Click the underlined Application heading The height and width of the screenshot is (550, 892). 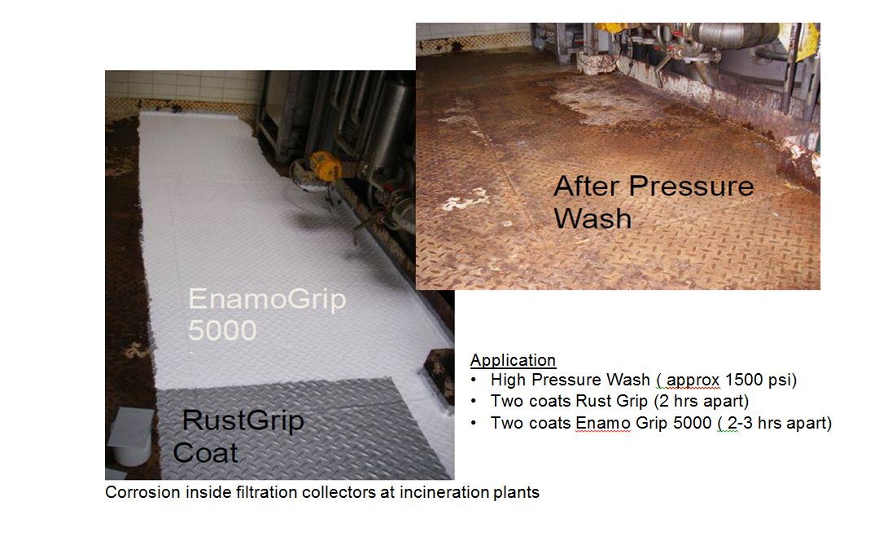point(513,361)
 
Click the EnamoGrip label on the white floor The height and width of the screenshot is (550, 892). point(267,300)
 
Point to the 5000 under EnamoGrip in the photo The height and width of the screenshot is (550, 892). point(222,330)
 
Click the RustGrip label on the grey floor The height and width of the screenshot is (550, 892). point(243,421)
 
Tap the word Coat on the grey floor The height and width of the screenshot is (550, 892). point(205,453)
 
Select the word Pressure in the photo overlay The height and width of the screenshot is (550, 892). point(691,187)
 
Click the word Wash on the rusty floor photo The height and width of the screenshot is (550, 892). point(592,218)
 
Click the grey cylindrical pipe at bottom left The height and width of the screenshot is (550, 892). point(132,438)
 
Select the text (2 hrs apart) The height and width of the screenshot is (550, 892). point(701,402)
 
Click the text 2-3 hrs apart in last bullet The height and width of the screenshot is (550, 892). point(780,424)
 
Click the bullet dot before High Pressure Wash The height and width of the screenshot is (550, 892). point(474,381)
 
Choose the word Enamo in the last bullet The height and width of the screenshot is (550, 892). point(602,424)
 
